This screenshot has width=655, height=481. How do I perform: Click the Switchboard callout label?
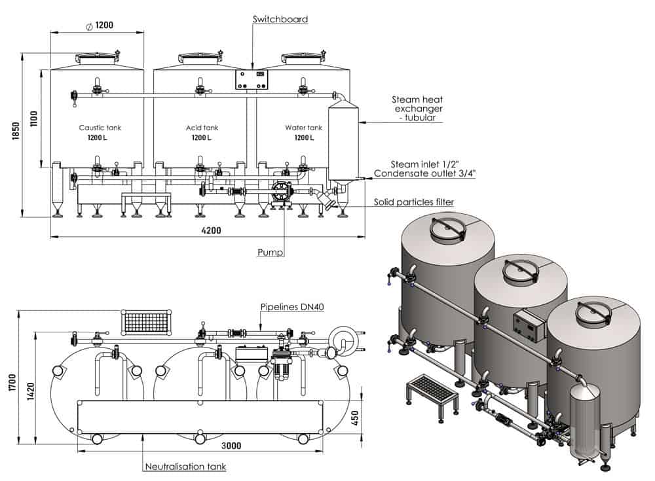pos(280,19)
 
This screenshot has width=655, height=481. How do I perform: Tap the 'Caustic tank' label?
pos(100,128)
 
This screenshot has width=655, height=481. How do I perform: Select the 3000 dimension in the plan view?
pos(231,446)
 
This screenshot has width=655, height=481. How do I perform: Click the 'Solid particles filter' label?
pos(413,202)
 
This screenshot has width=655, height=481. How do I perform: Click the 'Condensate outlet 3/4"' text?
pos(424,173)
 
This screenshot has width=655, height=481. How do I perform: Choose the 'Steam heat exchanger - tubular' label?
pos(417,108)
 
